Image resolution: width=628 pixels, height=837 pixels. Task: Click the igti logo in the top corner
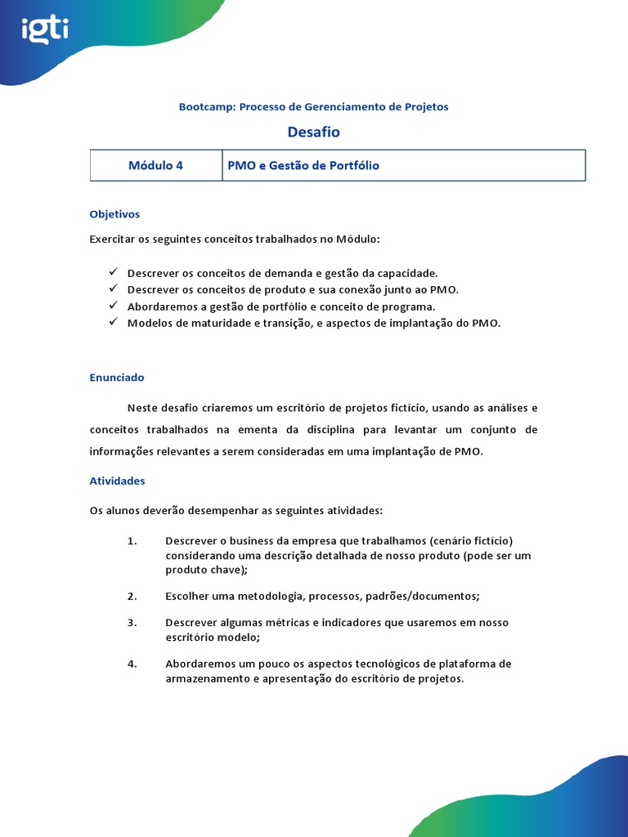[x=46, y=31]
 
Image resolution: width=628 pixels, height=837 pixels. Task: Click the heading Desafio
[x=313, y=132]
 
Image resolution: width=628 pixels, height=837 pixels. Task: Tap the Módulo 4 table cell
[x=155, y=165]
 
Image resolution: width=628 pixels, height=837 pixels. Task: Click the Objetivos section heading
[x=114, y=214]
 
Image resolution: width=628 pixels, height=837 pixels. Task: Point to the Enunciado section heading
[x=117, y=378]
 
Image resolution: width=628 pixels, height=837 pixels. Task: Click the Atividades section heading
[x=117, y=481]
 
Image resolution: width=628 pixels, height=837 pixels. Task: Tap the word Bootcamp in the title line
[x=206, y=107]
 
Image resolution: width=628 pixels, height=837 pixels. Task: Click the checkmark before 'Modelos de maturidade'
[x=113, y=322]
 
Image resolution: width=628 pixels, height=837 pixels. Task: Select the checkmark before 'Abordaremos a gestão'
[x=113, y=306]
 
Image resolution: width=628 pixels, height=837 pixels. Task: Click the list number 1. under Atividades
[x=132, y=540]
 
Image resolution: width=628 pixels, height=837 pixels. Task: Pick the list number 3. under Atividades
[x=132, y=622]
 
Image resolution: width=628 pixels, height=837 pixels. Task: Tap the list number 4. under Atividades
[x=132, y=663]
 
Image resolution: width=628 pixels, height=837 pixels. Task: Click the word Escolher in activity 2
[x=186, y=596]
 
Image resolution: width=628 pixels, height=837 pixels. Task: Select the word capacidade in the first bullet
[x=408, y=273]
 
